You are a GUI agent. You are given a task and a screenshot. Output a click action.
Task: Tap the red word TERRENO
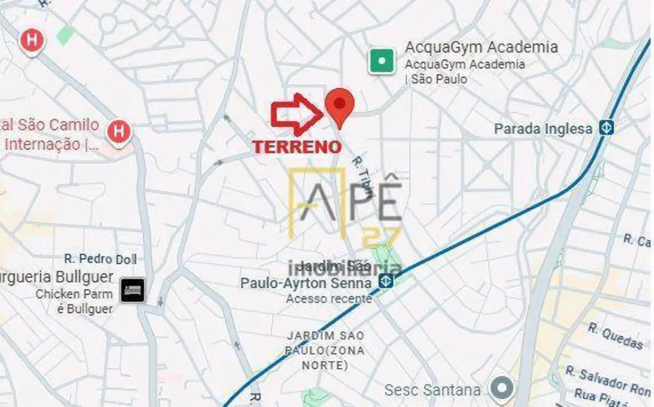(x=297, y=147)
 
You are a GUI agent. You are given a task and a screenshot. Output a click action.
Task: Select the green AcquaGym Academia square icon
(x=381, y=61)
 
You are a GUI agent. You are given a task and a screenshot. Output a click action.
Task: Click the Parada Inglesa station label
(x=542, y=129)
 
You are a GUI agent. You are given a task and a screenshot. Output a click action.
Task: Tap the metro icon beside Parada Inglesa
(x=605, y=128)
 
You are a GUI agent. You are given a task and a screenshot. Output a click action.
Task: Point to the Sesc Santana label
(x=433, y=390)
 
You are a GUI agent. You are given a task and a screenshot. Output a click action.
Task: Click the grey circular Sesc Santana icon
(x=501, y=389)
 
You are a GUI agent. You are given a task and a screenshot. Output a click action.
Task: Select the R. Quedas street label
(x=615, y=336)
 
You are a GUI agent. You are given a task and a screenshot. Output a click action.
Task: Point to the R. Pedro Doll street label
(x=100, y=259)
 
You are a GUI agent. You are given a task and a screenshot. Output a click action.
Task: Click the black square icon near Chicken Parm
(x=133, y=289)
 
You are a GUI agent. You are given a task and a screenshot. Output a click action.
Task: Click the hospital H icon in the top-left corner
(x=31, y=41)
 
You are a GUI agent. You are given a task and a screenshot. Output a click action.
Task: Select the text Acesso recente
(x=329, y=298)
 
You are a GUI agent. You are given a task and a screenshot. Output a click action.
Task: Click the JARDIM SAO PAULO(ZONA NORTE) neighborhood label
(x=325, y=350)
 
